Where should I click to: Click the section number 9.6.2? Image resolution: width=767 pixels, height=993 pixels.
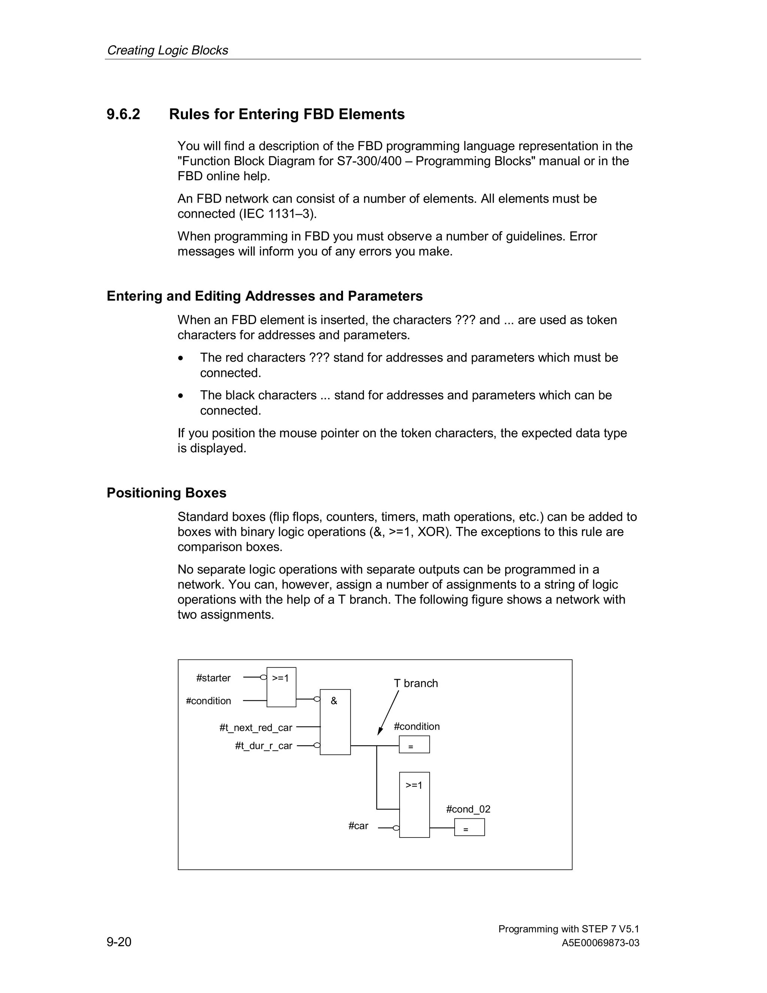click(x=123, y=114)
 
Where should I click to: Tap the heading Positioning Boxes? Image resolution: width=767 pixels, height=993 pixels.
click(x=166, y=493)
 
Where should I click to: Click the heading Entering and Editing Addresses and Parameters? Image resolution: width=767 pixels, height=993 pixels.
click(x=264, y=296)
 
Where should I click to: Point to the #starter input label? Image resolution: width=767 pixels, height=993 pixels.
click(x=213, y=678)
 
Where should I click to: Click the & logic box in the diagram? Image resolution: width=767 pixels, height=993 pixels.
click(x=335, y=722)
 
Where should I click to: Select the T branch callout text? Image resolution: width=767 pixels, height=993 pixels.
click(x=415, y=683)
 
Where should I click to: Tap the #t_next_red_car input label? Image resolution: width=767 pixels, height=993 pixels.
click(x=255, y=727)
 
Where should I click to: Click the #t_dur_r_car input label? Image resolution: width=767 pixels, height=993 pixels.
click(x=264, y=746)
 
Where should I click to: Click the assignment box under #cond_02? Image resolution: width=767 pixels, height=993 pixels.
click(x=469, y=827)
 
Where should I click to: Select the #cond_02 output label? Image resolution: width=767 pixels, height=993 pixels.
click(x=468, y=809)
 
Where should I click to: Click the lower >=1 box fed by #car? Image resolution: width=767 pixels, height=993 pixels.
click(x=414, y=805)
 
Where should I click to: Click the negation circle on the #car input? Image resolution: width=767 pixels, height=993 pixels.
click(x=396, y=828)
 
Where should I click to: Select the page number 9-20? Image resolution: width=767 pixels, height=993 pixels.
click(x=119, y=942)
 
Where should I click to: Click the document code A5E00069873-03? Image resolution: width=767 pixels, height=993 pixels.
click(x=600, y=943)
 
